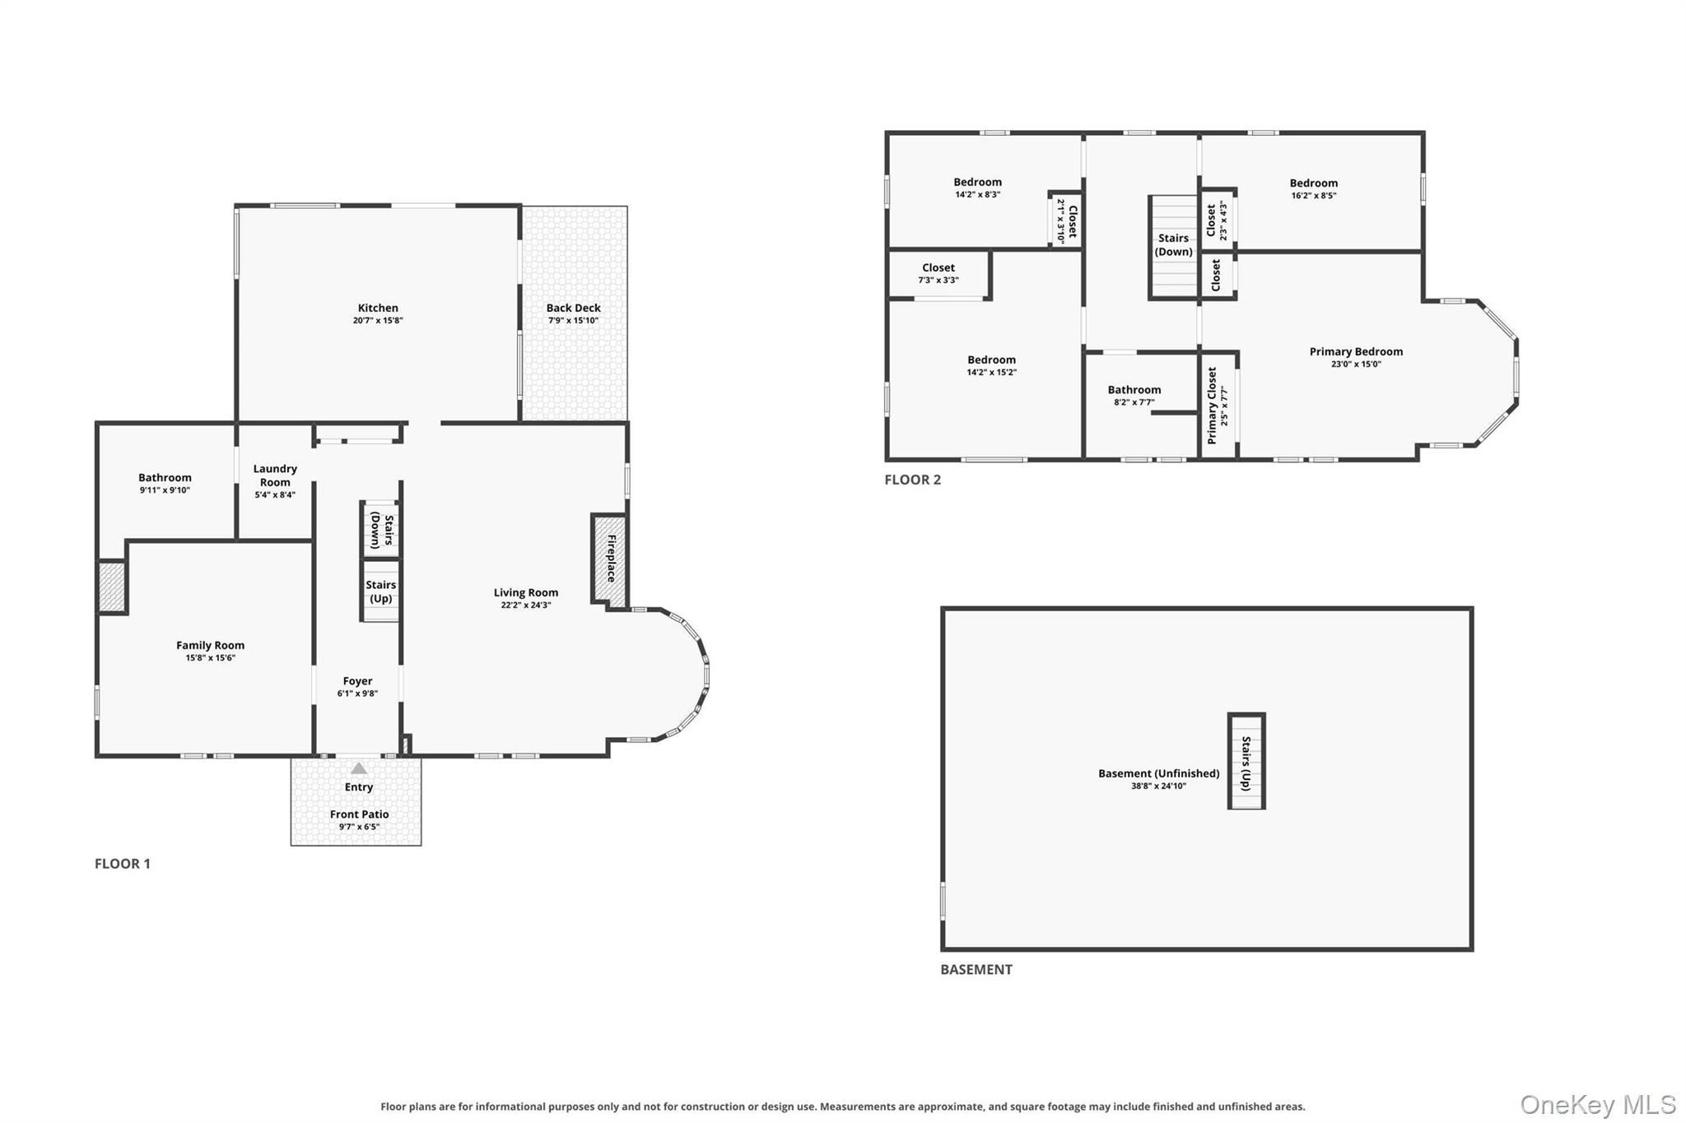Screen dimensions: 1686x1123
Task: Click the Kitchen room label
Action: [x=378, y=308]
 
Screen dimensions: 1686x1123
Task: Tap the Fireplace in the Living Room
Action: [x=609, y=559]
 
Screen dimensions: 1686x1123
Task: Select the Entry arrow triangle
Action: [x=359, y=768]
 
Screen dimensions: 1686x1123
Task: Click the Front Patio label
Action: [x=359, y=814]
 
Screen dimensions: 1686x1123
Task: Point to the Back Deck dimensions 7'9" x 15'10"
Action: [x=574, y=321]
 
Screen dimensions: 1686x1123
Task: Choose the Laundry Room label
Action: [x=275, y=476]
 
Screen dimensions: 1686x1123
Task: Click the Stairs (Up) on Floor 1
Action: [x=381, y=590]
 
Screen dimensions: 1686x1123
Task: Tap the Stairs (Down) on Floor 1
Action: [x=381, y=529]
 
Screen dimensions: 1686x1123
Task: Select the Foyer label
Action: [x=358, y=681]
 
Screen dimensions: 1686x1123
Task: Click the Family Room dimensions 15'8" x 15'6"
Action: [x=211, y=658]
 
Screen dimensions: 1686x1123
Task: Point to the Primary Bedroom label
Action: [x=1356, y=351]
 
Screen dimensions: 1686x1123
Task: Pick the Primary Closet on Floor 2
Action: [x=1218, y=406]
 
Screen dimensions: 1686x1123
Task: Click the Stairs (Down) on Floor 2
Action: [x=1173, y=246]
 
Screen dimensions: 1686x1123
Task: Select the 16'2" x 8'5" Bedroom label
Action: [x=1314, y=183]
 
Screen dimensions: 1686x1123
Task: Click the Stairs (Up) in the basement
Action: [x=1246, y=761]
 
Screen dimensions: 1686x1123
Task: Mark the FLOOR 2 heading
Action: [x=912, y=480]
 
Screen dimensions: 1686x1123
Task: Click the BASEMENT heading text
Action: [x=976, y=969]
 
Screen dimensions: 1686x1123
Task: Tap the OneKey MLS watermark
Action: [x=1598, y=1104]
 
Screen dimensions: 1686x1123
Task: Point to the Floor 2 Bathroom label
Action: [x=1134, y=390]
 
